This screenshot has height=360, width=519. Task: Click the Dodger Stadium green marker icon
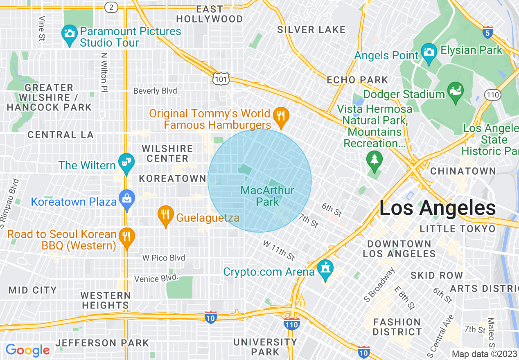point(455,90)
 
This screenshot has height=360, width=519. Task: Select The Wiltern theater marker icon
point(126,162)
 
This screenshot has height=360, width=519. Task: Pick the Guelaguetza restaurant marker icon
point(165,215)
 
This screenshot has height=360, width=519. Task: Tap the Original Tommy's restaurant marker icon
point(281,115)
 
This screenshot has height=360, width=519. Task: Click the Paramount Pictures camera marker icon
point(70,33)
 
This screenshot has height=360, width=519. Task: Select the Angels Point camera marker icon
point(429,52)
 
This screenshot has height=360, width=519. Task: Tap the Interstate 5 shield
point(487,32)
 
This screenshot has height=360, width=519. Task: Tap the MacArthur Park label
point(267,196)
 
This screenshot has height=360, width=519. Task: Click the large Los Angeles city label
point(437,208)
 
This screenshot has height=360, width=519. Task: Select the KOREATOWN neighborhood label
point(172,178)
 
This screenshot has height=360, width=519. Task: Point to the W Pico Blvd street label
point(164,258)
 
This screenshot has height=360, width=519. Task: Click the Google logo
point(27,350)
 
